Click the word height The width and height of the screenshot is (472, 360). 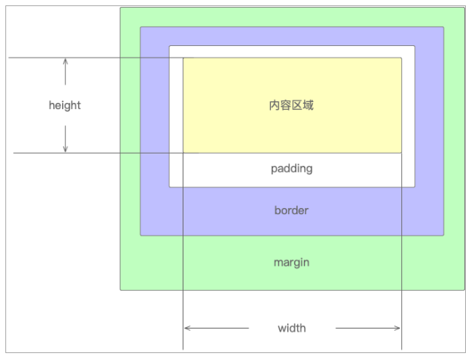click(64, 105)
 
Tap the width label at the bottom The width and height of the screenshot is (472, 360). click(292, 328)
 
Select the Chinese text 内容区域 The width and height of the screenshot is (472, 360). click(291, 105)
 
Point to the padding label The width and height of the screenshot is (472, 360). click(292, 168)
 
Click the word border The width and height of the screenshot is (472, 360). click(292, 210)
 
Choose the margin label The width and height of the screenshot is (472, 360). click(292, 263)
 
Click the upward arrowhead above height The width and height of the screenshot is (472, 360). click(65, 61)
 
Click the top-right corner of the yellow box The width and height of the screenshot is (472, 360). click(401, 58)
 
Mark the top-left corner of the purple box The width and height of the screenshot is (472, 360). click(141, 28)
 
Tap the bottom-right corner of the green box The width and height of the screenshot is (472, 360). click(464, 289)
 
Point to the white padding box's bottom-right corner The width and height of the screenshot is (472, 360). click(414, 186)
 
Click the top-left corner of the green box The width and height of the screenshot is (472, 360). click(121, 8)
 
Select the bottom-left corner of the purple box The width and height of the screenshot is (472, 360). click(141, 234)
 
